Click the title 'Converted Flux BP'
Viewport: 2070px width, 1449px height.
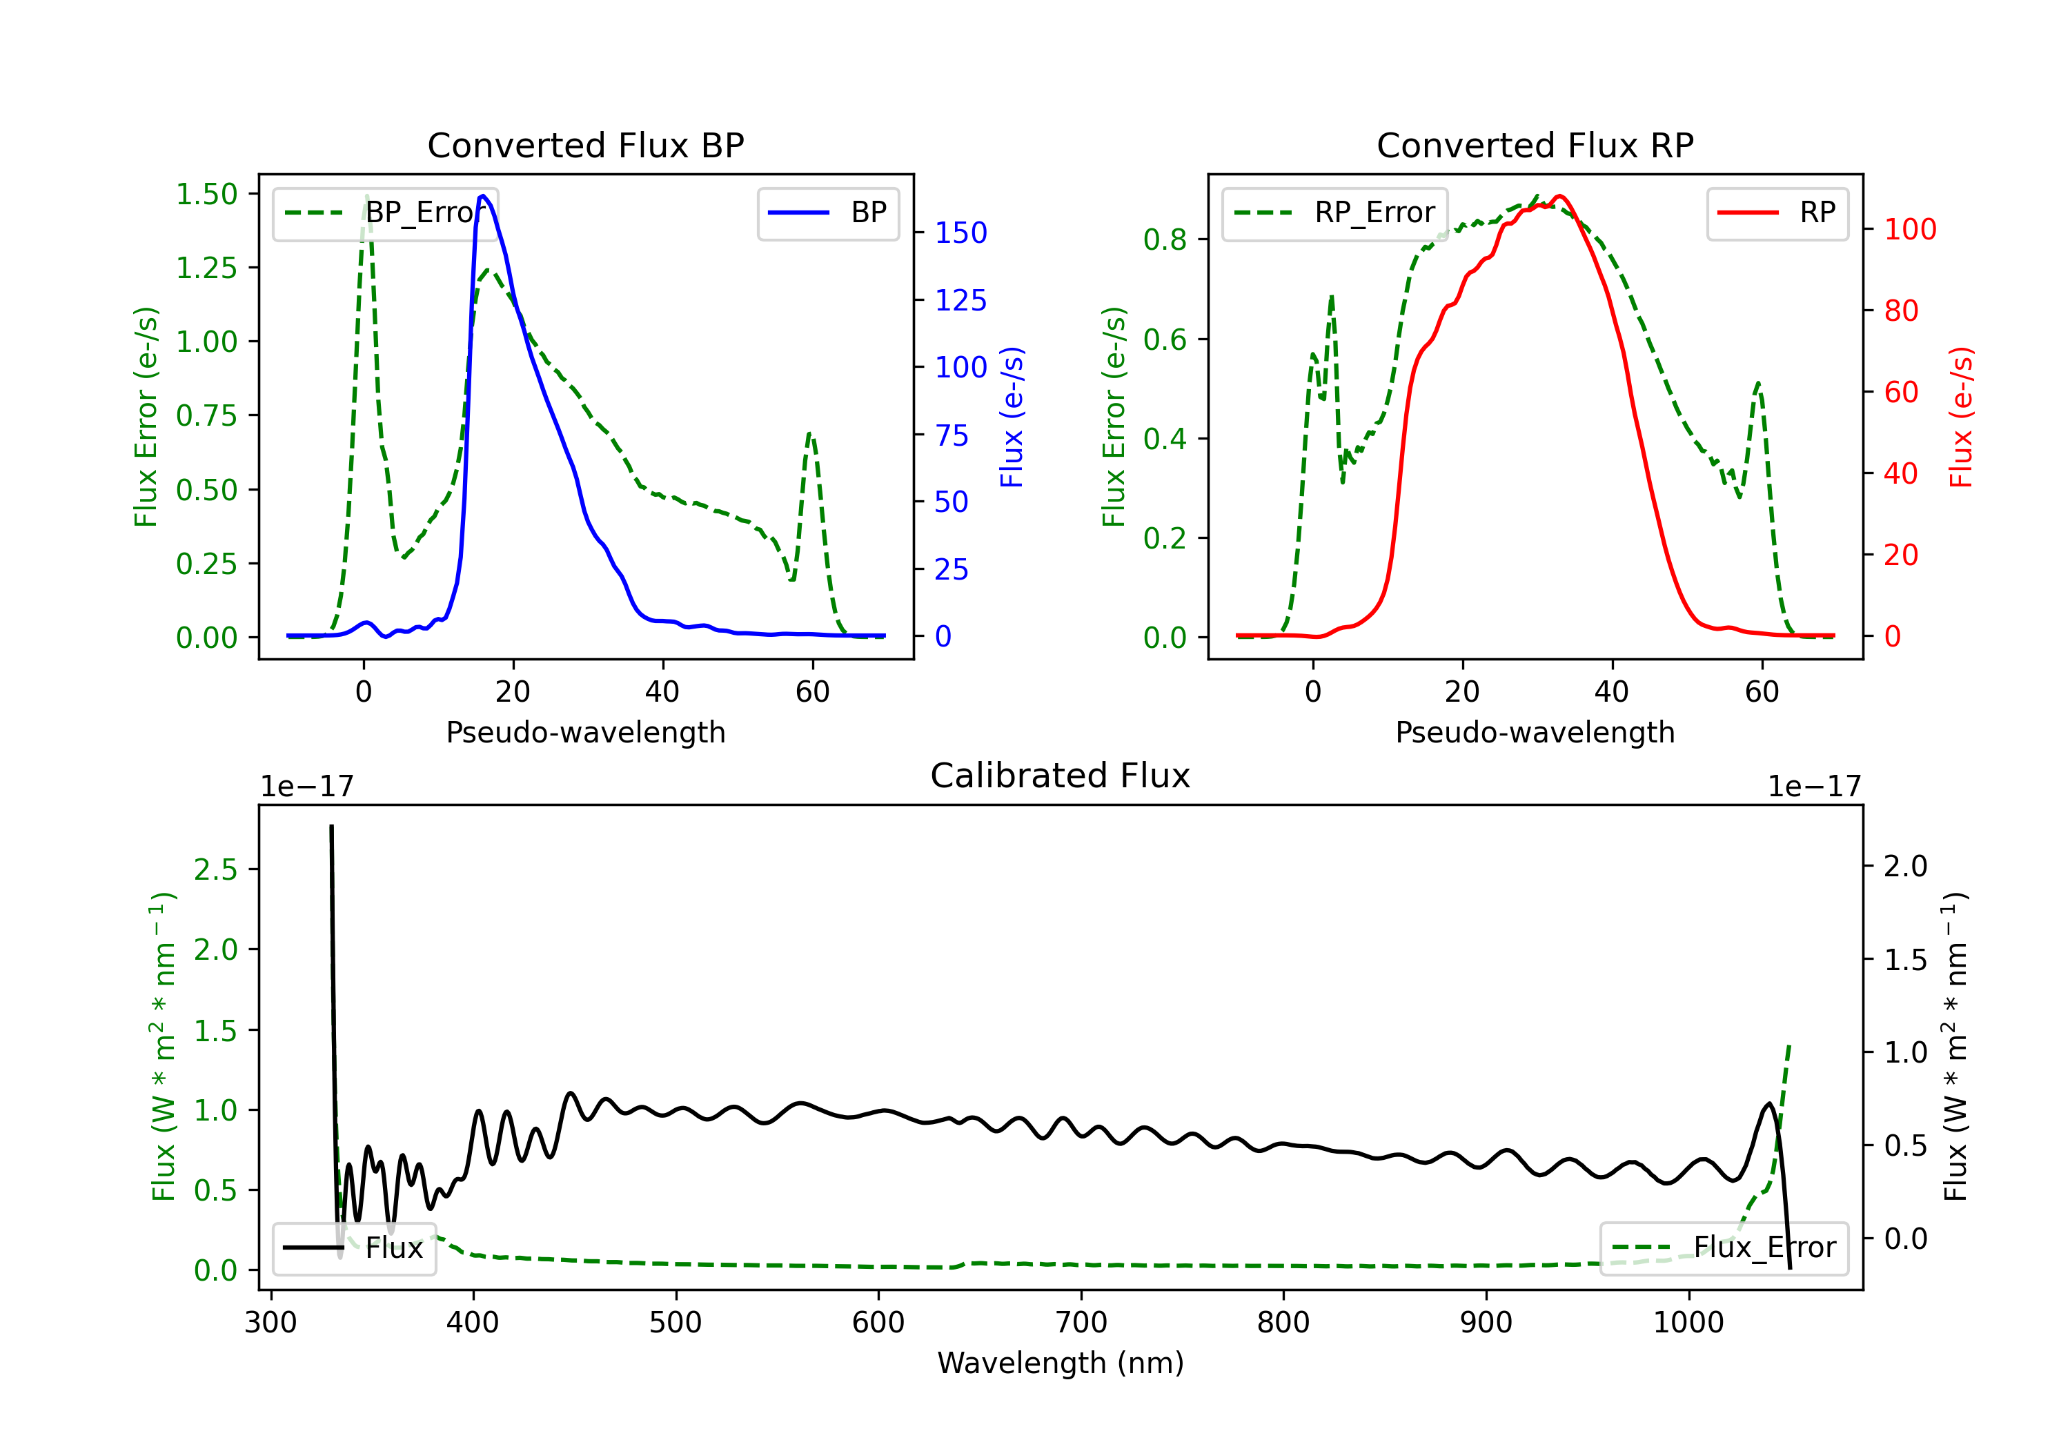pyautogui.click(x=585, y=145)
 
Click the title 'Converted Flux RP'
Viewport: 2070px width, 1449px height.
pyautogui.click(x=1535, y=145)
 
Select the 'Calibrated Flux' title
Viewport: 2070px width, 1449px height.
pyautogui.click(x=1061, y=776)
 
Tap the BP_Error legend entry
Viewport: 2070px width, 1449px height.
pyautogui.click(x=385, y=213)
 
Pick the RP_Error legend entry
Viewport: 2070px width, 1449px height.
pyautogui.click(x=1334, y=213)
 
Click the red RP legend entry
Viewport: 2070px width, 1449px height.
pyautogui.click(x=1777, y=213)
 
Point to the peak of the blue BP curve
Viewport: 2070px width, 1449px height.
pyautogui.click(x=483, y=196)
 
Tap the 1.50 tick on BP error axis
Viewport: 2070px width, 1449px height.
pyautogui.click(x=206, y=194)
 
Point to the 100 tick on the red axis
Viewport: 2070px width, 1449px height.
pyautogui.click(x=1909, y=229)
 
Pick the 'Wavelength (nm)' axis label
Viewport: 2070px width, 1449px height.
pyautogui.click(x=1061, y=1363)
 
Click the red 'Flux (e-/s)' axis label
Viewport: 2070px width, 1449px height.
pyautogui.click(x=1960, y=417)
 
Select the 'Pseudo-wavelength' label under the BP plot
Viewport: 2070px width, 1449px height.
pyautogui.click(x=585, y=732)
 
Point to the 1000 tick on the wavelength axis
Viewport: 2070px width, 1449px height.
pyautogui.click(x=1688, y=1323)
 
